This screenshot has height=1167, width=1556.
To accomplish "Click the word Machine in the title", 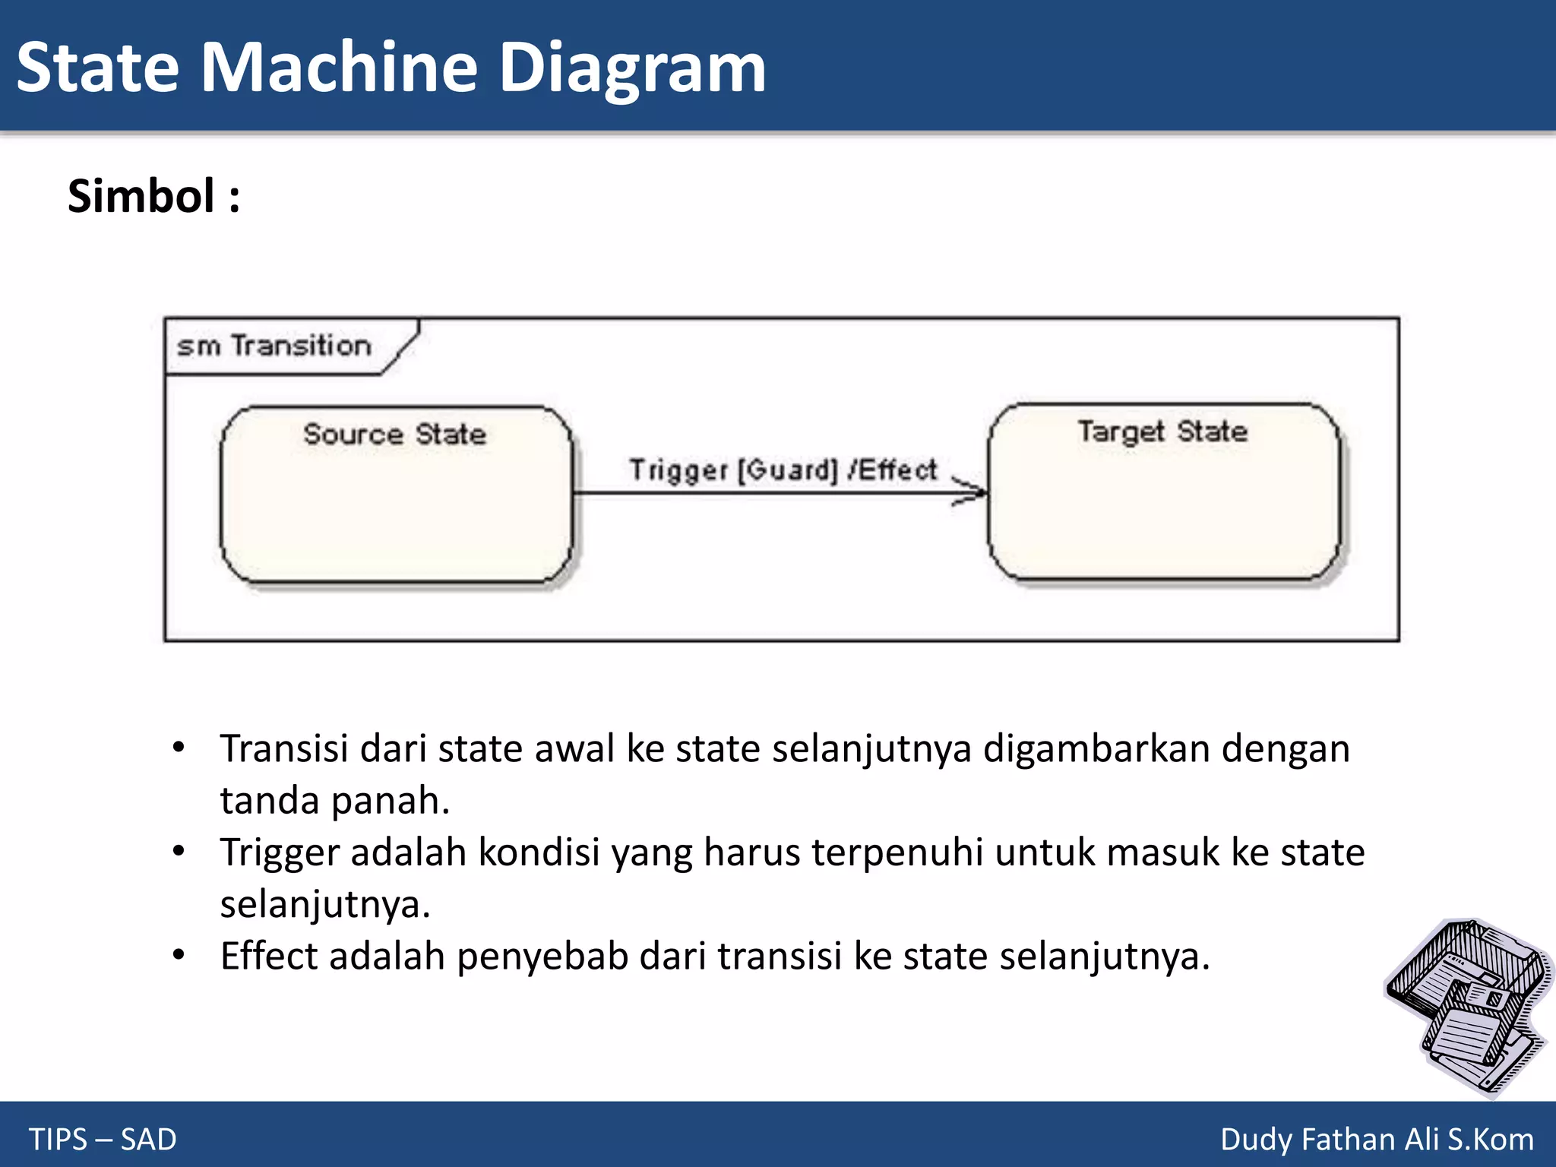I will (339, 68).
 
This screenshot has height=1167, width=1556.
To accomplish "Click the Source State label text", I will (394, 434).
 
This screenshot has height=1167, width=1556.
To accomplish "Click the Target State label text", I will (1162, 432).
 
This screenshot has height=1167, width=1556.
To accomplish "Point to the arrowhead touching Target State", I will (976, 492).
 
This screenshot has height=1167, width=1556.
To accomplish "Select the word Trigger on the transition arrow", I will (678, 470).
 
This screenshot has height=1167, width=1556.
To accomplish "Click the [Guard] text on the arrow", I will (788, 470).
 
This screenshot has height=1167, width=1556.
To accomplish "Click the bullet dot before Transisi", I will (179, 748).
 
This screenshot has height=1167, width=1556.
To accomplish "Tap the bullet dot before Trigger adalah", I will (179, 851).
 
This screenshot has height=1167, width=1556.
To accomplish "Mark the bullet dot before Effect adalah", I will (179, 955).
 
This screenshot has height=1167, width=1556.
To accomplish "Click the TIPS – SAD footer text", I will (103, 1139).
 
